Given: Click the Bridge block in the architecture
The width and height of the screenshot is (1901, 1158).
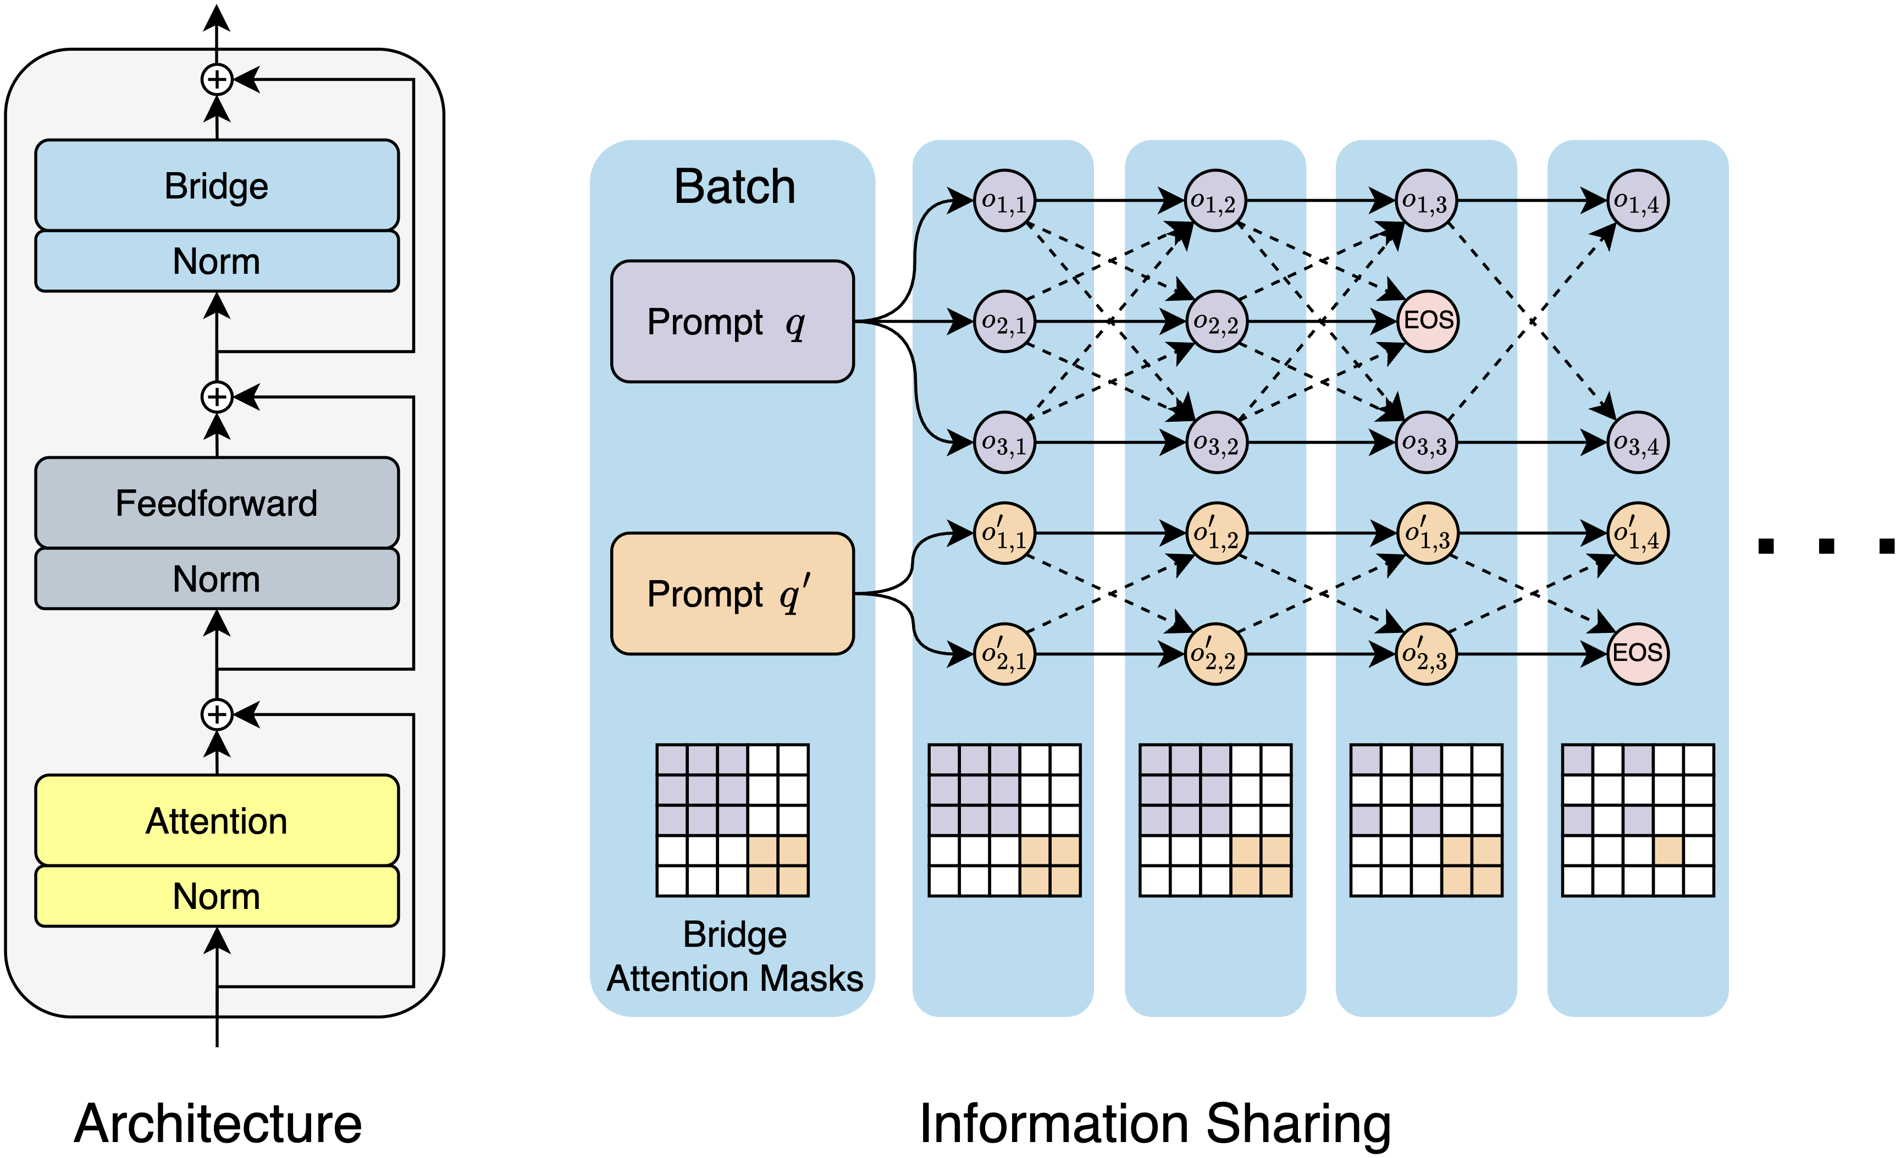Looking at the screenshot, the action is click(217, 185).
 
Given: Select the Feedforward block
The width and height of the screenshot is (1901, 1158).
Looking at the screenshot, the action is click(217, 503).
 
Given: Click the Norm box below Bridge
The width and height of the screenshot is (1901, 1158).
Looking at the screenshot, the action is click(217, 261).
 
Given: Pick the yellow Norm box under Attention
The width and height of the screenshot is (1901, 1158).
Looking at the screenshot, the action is click(217, 896).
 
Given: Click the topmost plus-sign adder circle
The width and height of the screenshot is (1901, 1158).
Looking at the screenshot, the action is click(217, 80).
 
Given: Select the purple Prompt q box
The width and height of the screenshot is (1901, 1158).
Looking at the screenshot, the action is click(732, 321).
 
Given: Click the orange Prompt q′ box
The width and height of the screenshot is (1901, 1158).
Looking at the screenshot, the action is click(732, 593).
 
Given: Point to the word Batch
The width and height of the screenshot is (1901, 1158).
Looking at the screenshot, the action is click(734, 187).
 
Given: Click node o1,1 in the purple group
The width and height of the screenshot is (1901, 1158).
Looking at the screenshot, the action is click(1004, 201).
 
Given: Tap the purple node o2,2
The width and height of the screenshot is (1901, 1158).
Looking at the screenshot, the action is click(1216, 322).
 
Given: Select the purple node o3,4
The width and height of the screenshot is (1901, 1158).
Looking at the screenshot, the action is click(1637, 443).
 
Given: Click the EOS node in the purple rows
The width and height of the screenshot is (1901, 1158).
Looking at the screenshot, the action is click(1427, 321).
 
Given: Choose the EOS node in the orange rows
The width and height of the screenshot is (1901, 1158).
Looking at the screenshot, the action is click(1637, 653).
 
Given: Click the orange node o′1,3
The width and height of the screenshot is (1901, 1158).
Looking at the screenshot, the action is click(1427, 533).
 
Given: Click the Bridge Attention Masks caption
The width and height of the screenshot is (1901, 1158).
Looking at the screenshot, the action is click(734, 957).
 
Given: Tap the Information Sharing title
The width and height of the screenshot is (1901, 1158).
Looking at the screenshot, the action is click(1155, 1123).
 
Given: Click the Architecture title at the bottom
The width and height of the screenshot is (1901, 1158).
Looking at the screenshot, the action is click(218, 1123).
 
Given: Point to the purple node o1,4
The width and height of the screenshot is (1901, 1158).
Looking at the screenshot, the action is click(1637, 201).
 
